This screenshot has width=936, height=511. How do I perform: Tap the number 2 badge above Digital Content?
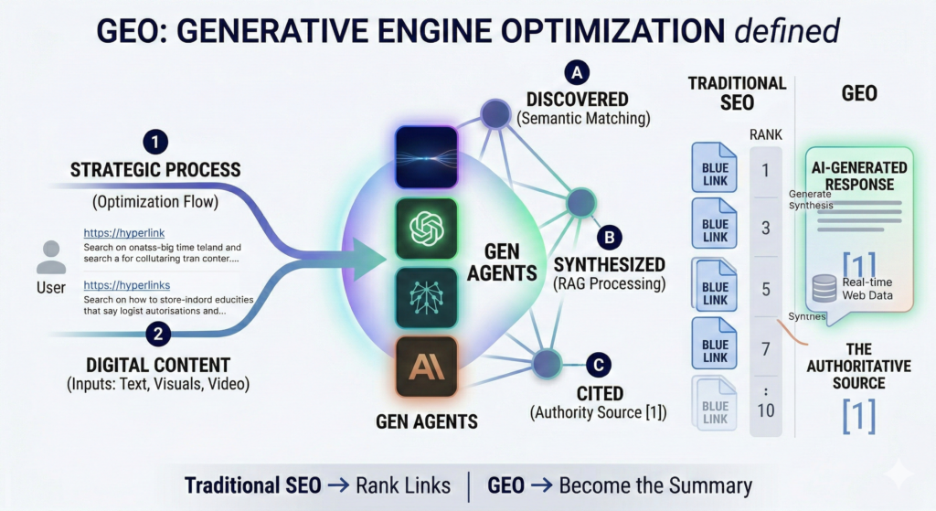[159, 334]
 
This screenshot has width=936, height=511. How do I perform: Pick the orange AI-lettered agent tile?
[426, 367]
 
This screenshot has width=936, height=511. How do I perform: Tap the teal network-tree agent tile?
[426, 297]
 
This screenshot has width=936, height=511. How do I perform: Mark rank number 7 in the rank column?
[766, 349]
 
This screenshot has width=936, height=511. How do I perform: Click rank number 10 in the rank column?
[766, 410]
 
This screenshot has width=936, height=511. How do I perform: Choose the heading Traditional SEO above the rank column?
[737, 92]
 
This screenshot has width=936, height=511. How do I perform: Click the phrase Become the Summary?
[655, 485]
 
